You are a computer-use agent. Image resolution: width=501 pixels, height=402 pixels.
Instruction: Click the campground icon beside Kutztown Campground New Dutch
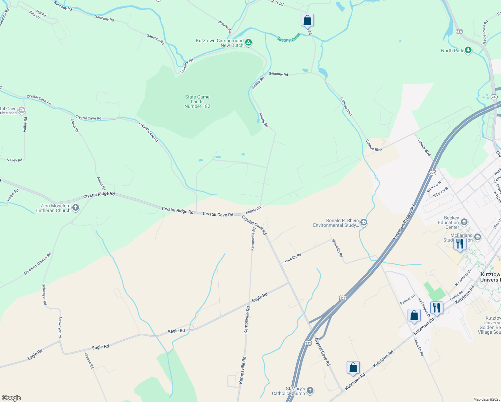(248, 43)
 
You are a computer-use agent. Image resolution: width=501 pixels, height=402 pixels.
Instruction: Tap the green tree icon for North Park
(468, 51)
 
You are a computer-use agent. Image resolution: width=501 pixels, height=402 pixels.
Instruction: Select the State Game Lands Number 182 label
(197, 102)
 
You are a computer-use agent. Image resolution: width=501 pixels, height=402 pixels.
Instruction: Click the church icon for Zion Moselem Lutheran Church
(76, 208)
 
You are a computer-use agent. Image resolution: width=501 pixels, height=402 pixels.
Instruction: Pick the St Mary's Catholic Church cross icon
(310, 390)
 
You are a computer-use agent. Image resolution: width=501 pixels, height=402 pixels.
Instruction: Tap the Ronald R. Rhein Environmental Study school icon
(364, 222)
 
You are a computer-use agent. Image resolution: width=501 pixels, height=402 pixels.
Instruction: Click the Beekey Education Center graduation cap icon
(464, 222)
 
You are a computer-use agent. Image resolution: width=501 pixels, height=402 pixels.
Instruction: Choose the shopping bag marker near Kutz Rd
(307, 20)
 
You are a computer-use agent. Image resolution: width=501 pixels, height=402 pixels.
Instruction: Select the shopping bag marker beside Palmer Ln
(414, 316)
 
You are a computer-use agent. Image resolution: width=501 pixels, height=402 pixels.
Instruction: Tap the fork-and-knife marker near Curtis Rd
(437, 308)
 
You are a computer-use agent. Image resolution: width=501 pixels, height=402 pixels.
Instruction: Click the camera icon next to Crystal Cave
(22, 110)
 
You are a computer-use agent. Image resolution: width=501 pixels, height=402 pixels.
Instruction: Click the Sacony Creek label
(289, 38)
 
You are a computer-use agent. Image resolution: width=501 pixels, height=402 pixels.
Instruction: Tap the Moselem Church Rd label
(38, 264)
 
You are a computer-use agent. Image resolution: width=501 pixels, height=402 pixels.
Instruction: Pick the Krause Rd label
(89, 360)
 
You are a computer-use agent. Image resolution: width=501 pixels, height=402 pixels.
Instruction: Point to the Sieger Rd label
(13, 195)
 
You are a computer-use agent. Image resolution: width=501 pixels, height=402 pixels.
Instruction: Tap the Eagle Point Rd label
(485, 32)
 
